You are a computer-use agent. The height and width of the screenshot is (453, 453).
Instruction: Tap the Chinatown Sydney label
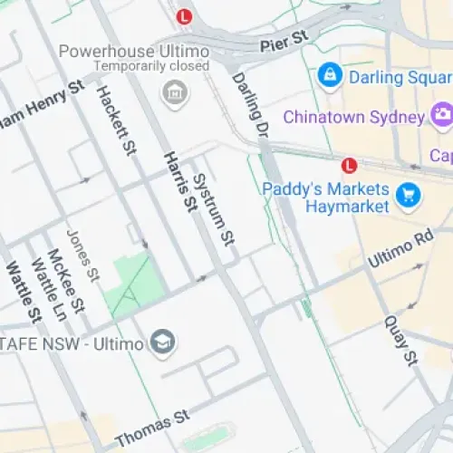point(353,117)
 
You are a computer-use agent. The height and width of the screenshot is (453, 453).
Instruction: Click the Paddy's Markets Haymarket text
point(325,198)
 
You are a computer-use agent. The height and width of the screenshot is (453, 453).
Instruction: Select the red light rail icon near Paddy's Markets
point(349,165)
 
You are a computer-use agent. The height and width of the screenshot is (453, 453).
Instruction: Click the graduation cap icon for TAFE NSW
point(164,342)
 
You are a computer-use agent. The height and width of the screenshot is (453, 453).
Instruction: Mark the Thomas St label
point(151,427)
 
